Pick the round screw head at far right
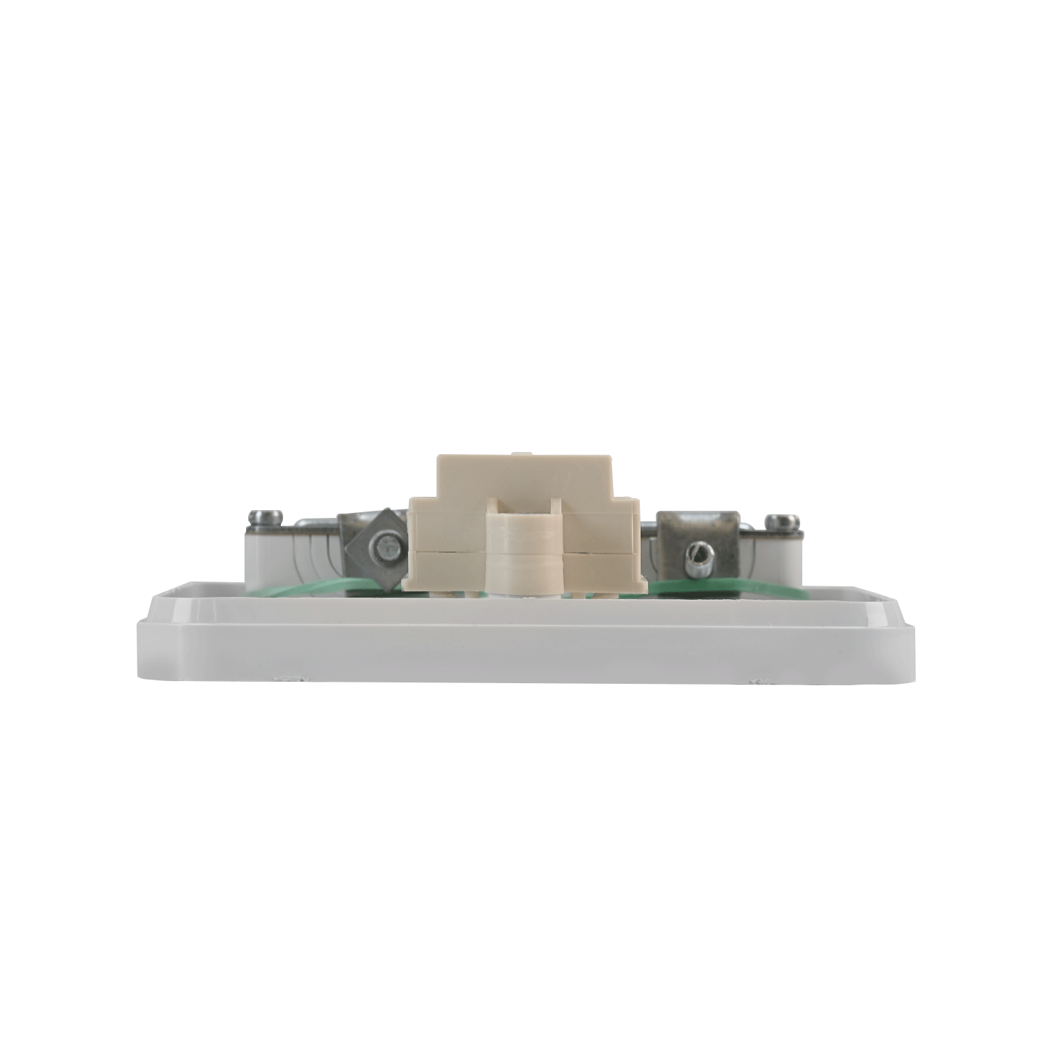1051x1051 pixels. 783,521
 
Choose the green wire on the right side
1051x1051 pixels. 701,586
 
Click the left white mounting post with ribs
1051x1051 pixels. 294,561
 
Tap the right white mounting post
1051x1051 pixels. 778,561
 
